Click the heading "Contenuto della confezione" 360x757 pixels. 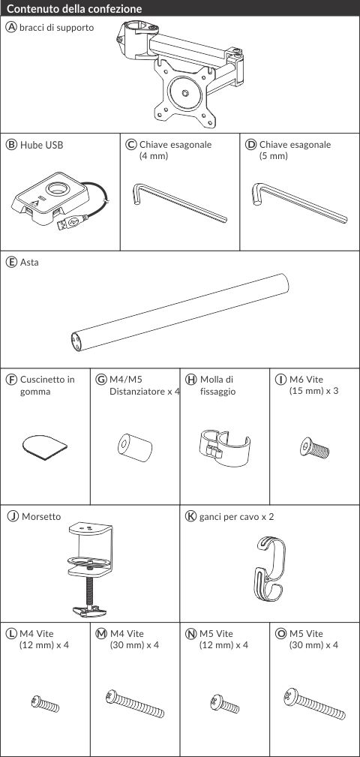click(x=75, y=9)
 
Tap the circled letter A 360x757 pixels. click(x=11, y=27)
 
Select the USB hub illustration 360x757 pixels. click(x=60, y=201)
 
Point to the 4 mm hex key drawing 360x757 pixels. click(x=179, y=203)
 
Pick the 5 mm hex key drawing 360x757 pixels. click(x=299, y=203)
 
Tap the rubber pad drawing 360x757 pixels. click(x=45, y=447)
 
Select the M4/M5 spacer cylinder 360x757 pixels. click(x=135, y=446)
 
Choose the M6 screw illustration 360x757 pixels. click(x=314, y=448)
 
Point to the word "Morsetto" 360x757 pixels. click(x=41, y=517)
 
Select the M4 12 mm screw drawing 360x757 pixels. click(x=45, y=703)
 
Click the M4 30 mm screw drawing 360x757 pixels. click(x=135, y=704)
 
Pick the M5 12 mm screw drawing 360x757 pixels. click(x=224, y=704)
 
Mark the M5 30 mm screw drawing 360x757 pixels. click(x=314, y=704)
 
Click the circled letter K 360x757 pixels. click(x=190, y=516)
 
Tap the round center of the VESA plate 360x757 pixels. click(x=185, y=93)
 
